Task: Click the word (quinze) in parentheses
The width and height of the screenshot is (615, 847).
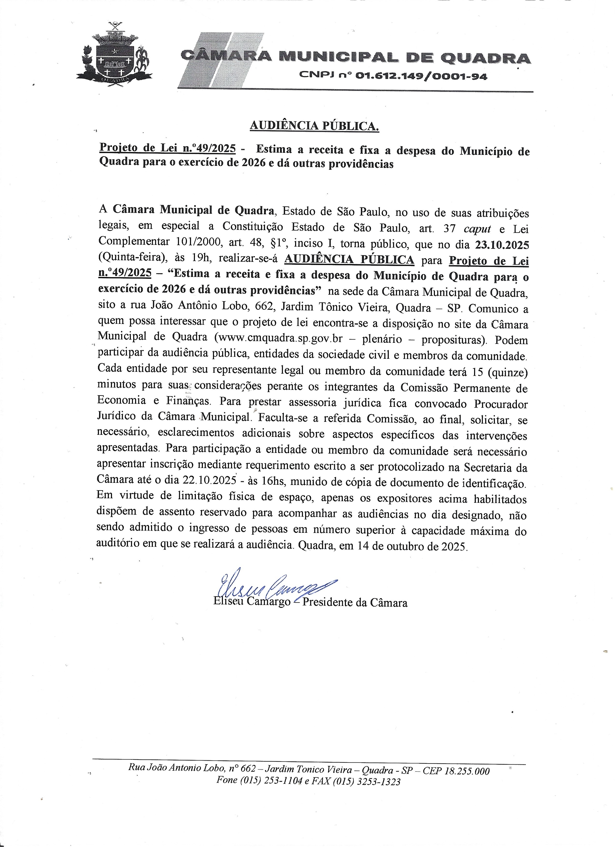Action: (507, 373)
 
